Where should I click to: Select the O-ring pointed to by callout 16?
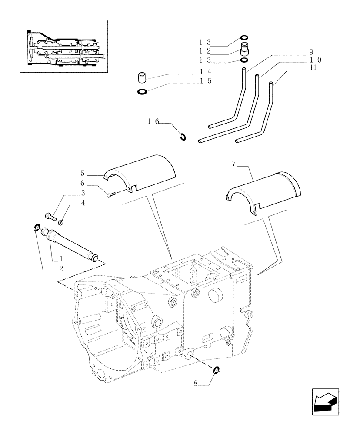183,137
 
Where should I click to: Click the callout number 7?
234,164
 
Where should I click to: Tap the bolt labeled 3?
51,215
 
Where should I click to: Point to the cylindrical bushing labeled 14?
141,78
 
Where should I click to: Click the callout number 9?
311,52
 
